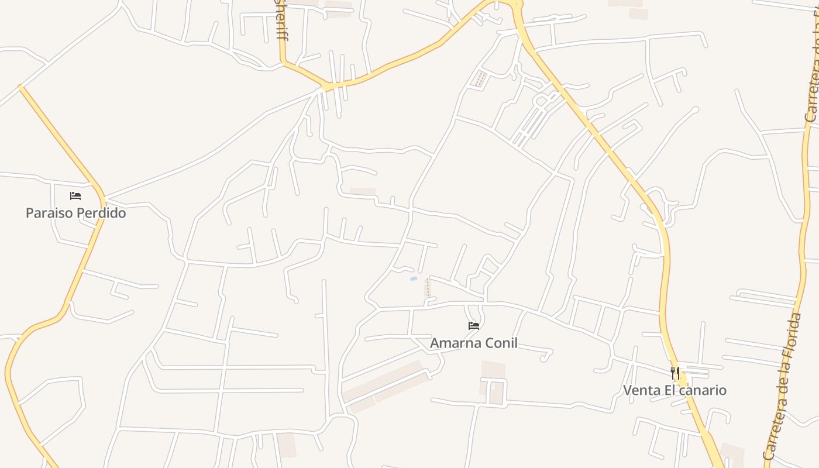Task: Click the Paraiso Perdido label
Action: (75, 213)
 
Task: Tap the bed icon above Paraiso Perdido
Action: (75, 196)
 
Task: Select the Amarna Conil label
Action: (474, 343)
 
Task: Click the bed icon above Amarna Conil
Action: (474, 326)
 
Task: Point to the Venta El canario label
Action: (675, 390)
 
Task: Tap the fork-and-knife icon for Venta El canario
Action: (675, 373)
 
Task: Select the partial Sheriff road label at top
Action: (281, 20)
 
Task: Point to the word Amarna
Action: (454, 343)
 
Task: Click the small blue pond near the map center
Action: (414, 279)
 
